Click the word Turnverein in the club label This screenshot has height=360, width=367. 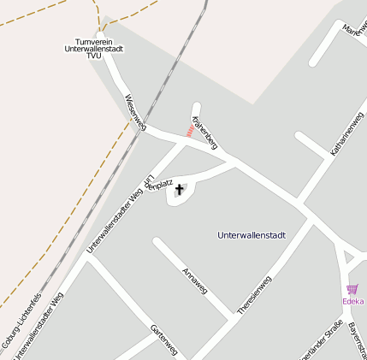pos(94,41)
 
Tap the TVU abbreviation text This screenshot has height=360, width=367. pos(94,56)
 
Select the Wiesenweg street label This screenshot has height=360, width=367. pos(135,113)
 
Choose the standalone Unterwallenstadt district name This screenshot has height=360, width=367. pos(252,234)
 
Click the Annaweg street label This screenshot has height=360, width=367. pos(195,281)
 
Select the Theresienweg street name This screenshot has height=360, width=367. pos(254,293)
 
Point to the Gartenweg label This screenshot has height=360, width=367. pos(163,339)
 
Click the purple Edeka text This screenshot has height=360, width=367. pos(352,301)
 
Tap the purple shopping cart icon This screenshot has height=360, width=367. pos(352,290)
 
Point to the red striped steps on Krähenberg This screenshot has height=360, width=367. pos(189,131)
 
